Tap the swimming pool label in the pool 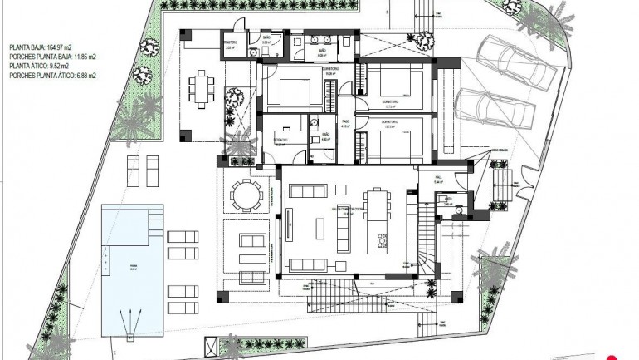click(133, 267)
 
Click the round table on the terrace click(245, 195)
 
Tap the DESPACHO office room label click(281, 139)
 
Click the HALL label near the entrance click(439, 177)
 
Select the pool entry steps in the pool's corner click(154, 221)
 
